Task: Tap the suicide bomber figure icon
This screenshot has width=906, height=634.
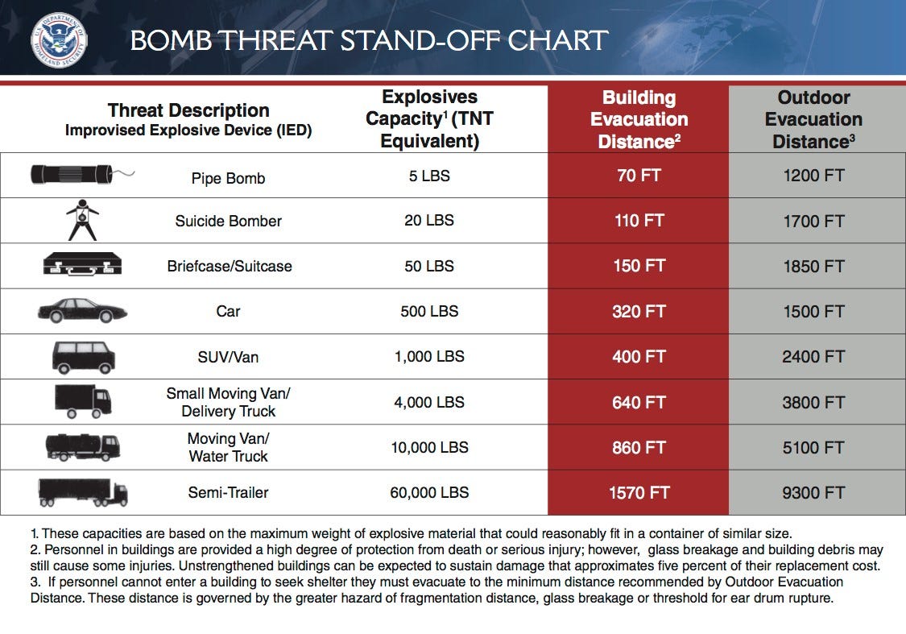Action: coord(81,219)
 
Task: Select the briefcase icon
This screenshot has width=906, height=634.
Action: coord(82,264)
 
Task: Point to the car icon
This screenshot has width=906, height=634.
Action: coord(81,311)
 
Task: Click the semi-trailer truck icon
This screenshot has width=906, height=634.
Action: coord(82,491)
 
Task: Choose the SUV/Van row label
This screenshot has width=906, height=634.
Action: coord(228,356)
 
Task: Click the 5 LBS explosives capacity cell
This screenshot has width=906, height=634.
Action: coord(429,175)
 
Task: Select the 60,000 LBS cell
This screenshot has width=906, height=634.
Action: coord(429,492)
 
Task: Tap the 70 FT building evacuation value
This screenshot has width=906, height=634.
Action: coord(639,175)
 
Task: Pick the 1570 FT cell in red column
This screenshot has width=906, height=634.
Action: coord(639,492)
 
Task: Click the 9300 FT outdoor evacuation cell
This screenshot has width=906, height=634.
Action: coord(813,492)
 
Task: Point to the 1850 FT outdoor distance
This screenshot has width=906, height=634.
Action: coord(813,266)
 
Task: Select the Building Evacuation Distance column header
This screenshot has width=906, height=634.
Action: coord(639,119)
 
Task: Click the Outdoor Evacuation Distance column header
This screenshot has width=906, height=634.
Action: coord(813,119)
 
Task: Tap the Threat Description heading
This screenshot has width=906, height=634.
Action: coord(188,110)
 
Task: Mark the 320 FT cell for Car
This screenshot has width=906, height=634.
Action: coord(639,311)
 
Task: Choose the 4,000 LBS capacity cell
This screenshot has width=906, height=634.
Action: coord(429,401)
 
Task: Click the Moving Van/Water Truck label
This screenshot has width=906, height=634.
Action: coord(228,447)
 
